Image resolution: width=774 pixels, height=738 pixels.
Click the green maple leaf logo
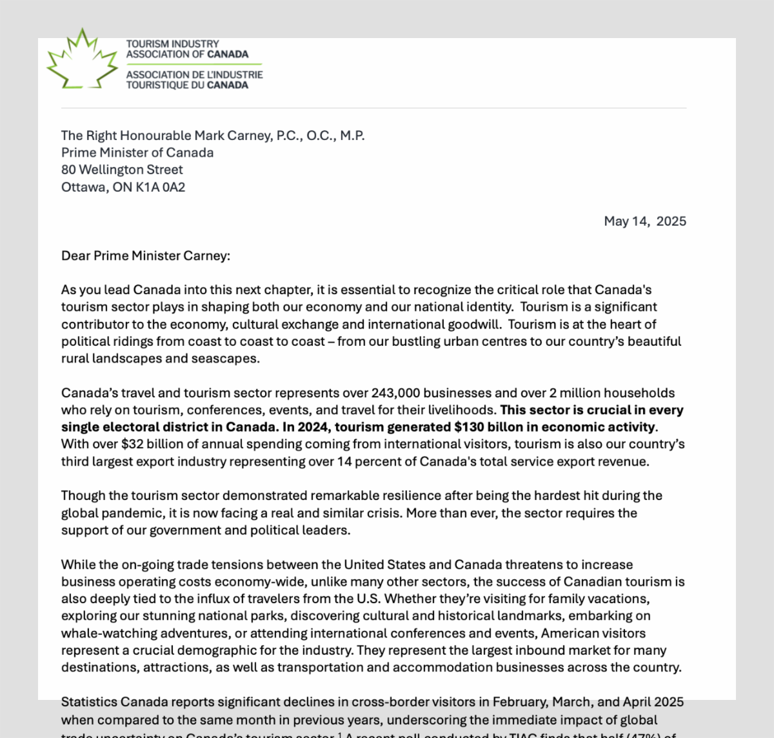pos(81,60)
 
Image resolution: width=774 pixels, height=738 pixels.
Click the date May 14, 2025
pos(645,221)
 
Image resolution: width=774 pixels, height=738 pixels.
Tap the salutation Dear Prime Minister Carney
pos(145,255)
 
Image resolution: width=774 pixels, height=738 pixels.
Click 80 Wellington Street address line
pos(122,170)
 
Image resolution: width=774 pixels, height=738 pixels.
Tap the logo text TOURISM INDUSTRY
pos(172,44)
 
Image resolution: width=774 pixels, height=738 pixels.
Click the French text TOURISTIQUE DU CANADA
pos(187,85)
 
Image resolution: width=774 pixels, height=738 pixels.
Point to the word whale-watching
pos(103,633)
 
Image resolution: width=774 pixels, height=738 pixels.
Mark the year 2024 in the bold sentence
pos(313,427)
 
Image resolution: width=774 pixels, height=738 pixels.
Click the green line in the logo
pos(194,65)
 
